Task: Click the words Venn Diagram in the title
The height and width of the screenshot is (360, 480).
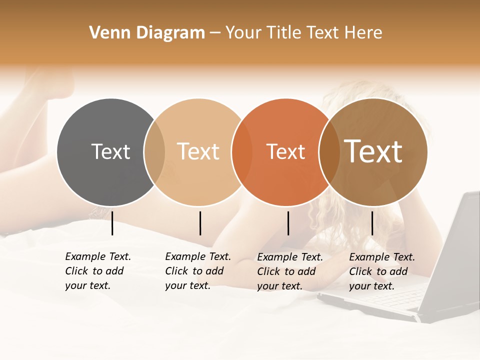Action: click(x=147, y=33)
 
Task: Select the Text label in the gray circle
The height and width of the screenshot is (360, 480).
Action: click(x=110, y=151)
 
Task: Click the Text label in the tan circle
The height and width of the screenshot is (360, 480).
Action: click(x=198, y=151)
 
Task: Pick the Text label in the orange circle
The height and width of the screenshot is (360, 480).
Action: click(x=285, y=151)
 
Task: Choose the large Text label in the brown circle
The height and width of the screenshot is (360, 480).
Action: click(x=373, y=151)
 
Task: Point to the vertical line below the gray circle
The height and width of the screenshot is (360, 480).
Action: click(x=112, y=223)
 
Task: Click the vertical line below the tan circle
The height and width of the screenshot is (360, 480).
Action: click(x=200, y=223)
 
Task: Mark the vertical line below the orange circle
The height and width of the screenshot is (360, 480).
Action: click(x=288, y=223)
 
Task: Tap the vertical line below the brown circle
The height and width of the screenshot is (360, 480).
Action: click(x=372, y=223)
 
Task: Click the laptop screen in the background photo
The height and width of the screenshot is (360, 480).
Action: click(x=453, y=250)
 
